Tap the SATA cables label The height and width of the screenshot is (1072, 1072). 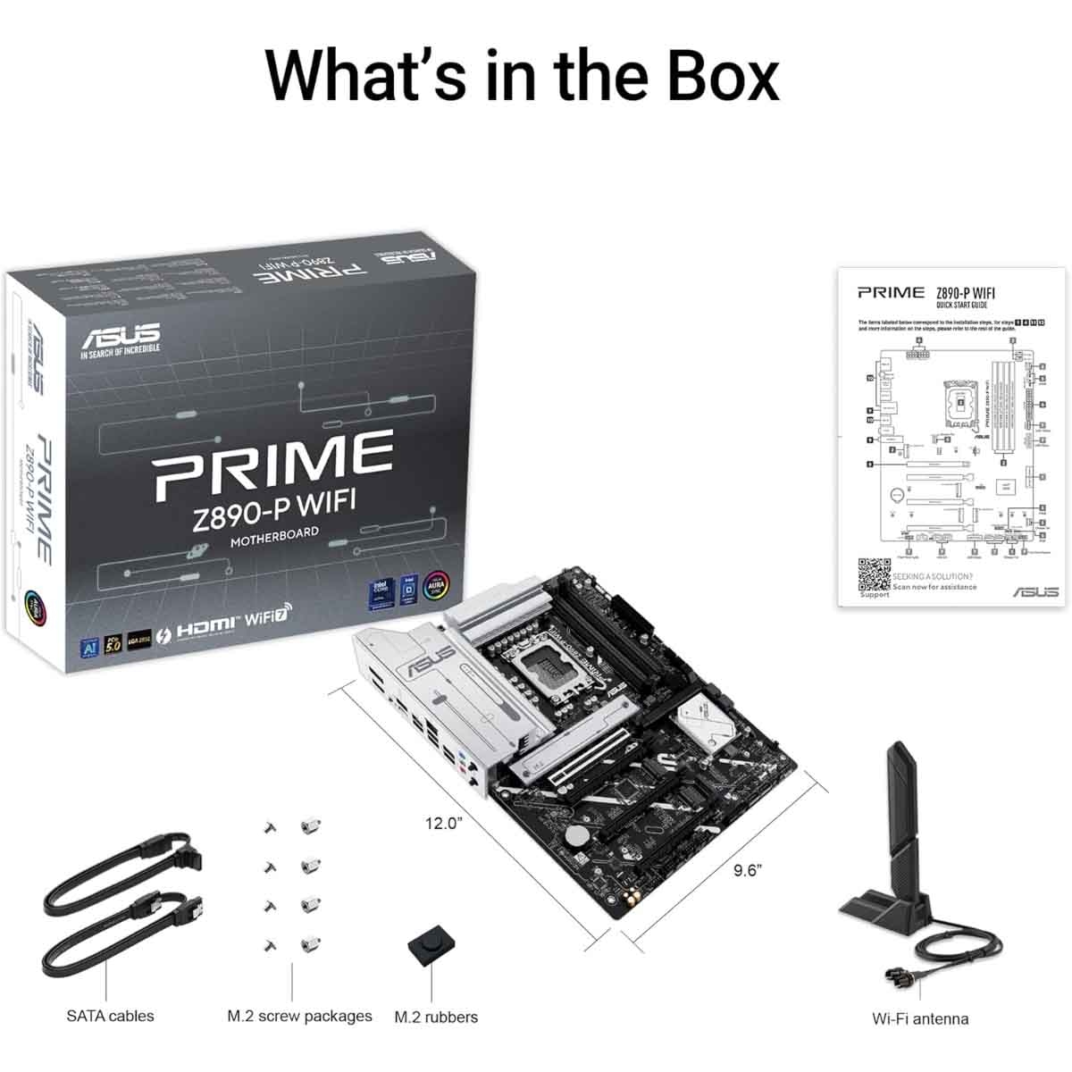[x=110, y=1016]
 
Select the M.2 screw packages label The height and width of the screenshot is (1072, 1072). [x=299, y=1016]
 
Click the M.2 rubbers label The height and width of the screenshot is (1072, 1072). [x=436, y=1017]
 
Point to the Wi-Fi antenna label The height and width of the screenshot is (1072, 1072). [x=920, y=1018]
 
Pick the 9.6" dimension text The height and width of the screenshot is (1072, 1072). [x=748, y=870]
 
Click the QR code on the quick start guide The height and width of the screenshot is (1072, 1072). [x=875, y=574]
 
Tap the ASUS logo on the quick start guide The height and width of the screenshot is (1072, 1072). [x=1035, y=591]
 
